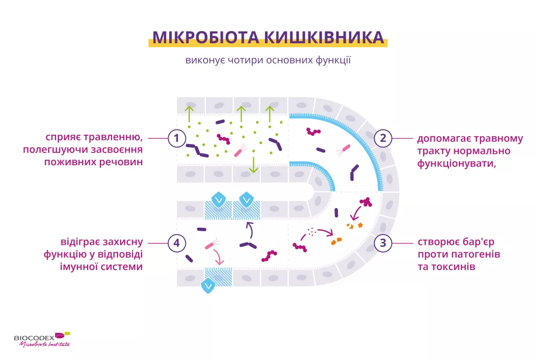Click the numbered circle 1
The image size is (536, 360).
177,138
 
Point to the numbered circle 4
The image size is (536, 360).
177,242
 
